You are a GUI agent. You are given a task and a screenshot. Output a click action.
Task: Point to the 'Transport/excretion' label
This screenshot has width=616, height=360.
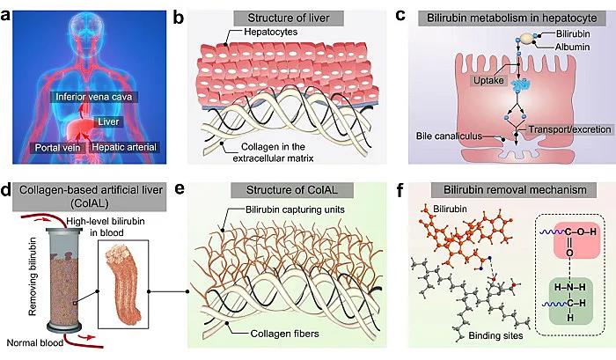coord(560,129)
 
